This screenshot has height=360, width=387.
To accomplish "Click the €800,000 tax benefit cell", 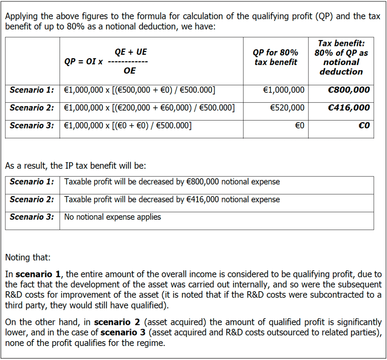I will pos(349,90).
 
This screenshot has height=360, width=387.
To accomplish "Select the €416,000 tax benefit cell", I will pos(349,108).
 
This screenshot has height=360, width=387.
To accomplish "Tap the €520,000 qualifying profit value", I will pos(287,108).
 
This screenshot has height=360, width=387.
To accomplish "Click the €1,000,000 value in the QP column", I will pos(283,90).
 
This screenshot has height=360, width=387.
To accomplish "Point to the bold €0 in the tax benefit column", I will pos(364,125).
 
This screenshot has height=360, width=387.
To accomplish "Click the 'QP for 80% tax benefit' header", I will pos(276,57).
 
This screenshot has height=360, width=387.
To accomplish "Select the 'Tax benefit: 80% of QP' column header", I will pos(341,57).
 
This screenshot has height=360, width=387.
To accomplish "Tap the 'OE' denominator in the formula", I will pos(129,71).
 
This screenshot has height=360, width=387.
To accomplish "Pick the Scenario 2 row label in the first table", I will pos(32,108).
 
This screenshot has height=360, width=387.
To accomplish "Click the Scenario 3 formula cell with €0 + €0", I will pos(128,125).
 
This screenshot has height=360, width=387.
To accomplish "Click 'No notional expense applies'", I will pos(112,217).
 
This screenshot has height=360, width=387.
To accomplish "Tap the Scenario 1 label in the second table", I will pos(32,182).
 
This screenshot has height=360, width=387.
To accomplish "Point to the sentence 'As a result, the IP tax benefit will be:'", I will pos(75,165).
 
